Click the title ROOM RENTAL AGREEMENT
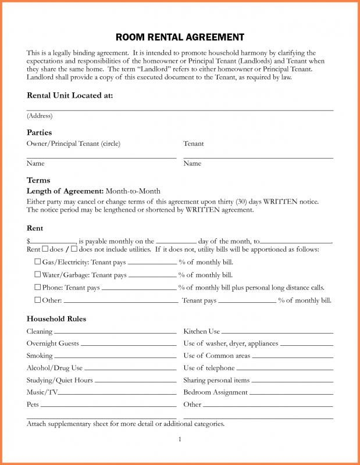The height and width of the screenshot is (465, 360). coord(180,37)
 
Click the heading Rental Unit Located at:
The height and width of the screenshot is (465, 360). coord(70,95)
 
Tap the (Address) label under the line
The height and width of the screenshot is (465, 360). coord(40,116)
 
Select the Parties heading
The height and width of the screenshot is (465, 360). coord(39,133)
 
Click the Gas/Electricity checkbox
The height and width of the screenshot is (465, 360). coord(38,262)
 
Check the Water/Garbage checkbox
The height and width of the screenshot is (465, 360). coord(38,274)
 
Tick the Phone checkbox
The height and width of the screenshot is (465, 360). coord(38,287)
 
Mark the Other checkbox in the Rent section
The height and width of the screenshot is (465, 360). coord(38,300)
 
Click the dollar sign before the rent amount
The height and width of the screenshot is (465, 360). coord(28,241)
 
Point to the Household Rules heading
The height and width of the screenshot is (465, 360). coord(56,319)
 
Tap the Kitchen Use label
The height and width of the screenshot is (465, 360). coord(201,331)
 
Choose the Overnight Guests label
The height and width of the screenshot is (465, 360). coord(52,344)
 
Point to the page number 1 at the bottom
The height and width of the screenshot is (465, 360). coord(180,439)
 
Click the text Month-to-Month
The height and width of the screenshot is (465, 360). coord(133,191)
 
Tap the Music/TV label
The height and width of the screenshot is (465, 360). coord(42,392)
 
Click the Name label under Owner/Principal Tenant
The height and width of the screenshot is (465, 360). coord(35,163)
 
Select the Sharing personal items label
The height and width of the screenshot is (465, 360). coord(216,380)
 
